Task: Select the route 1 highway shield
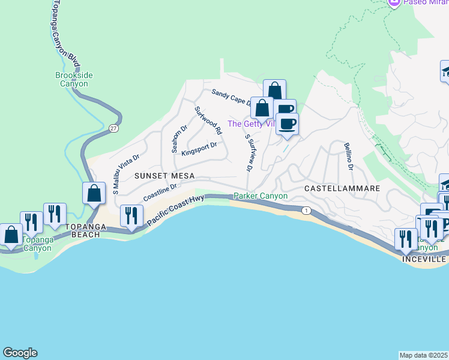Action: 306,210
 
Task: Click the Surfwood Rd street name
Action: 208,120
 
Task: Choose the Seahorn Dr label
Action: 179,139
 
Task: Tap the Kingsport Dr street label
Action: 199,146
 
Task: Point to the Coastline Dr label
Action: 160,193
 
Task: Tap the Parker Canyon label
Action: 260,196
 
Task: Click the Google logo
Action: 20,353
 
